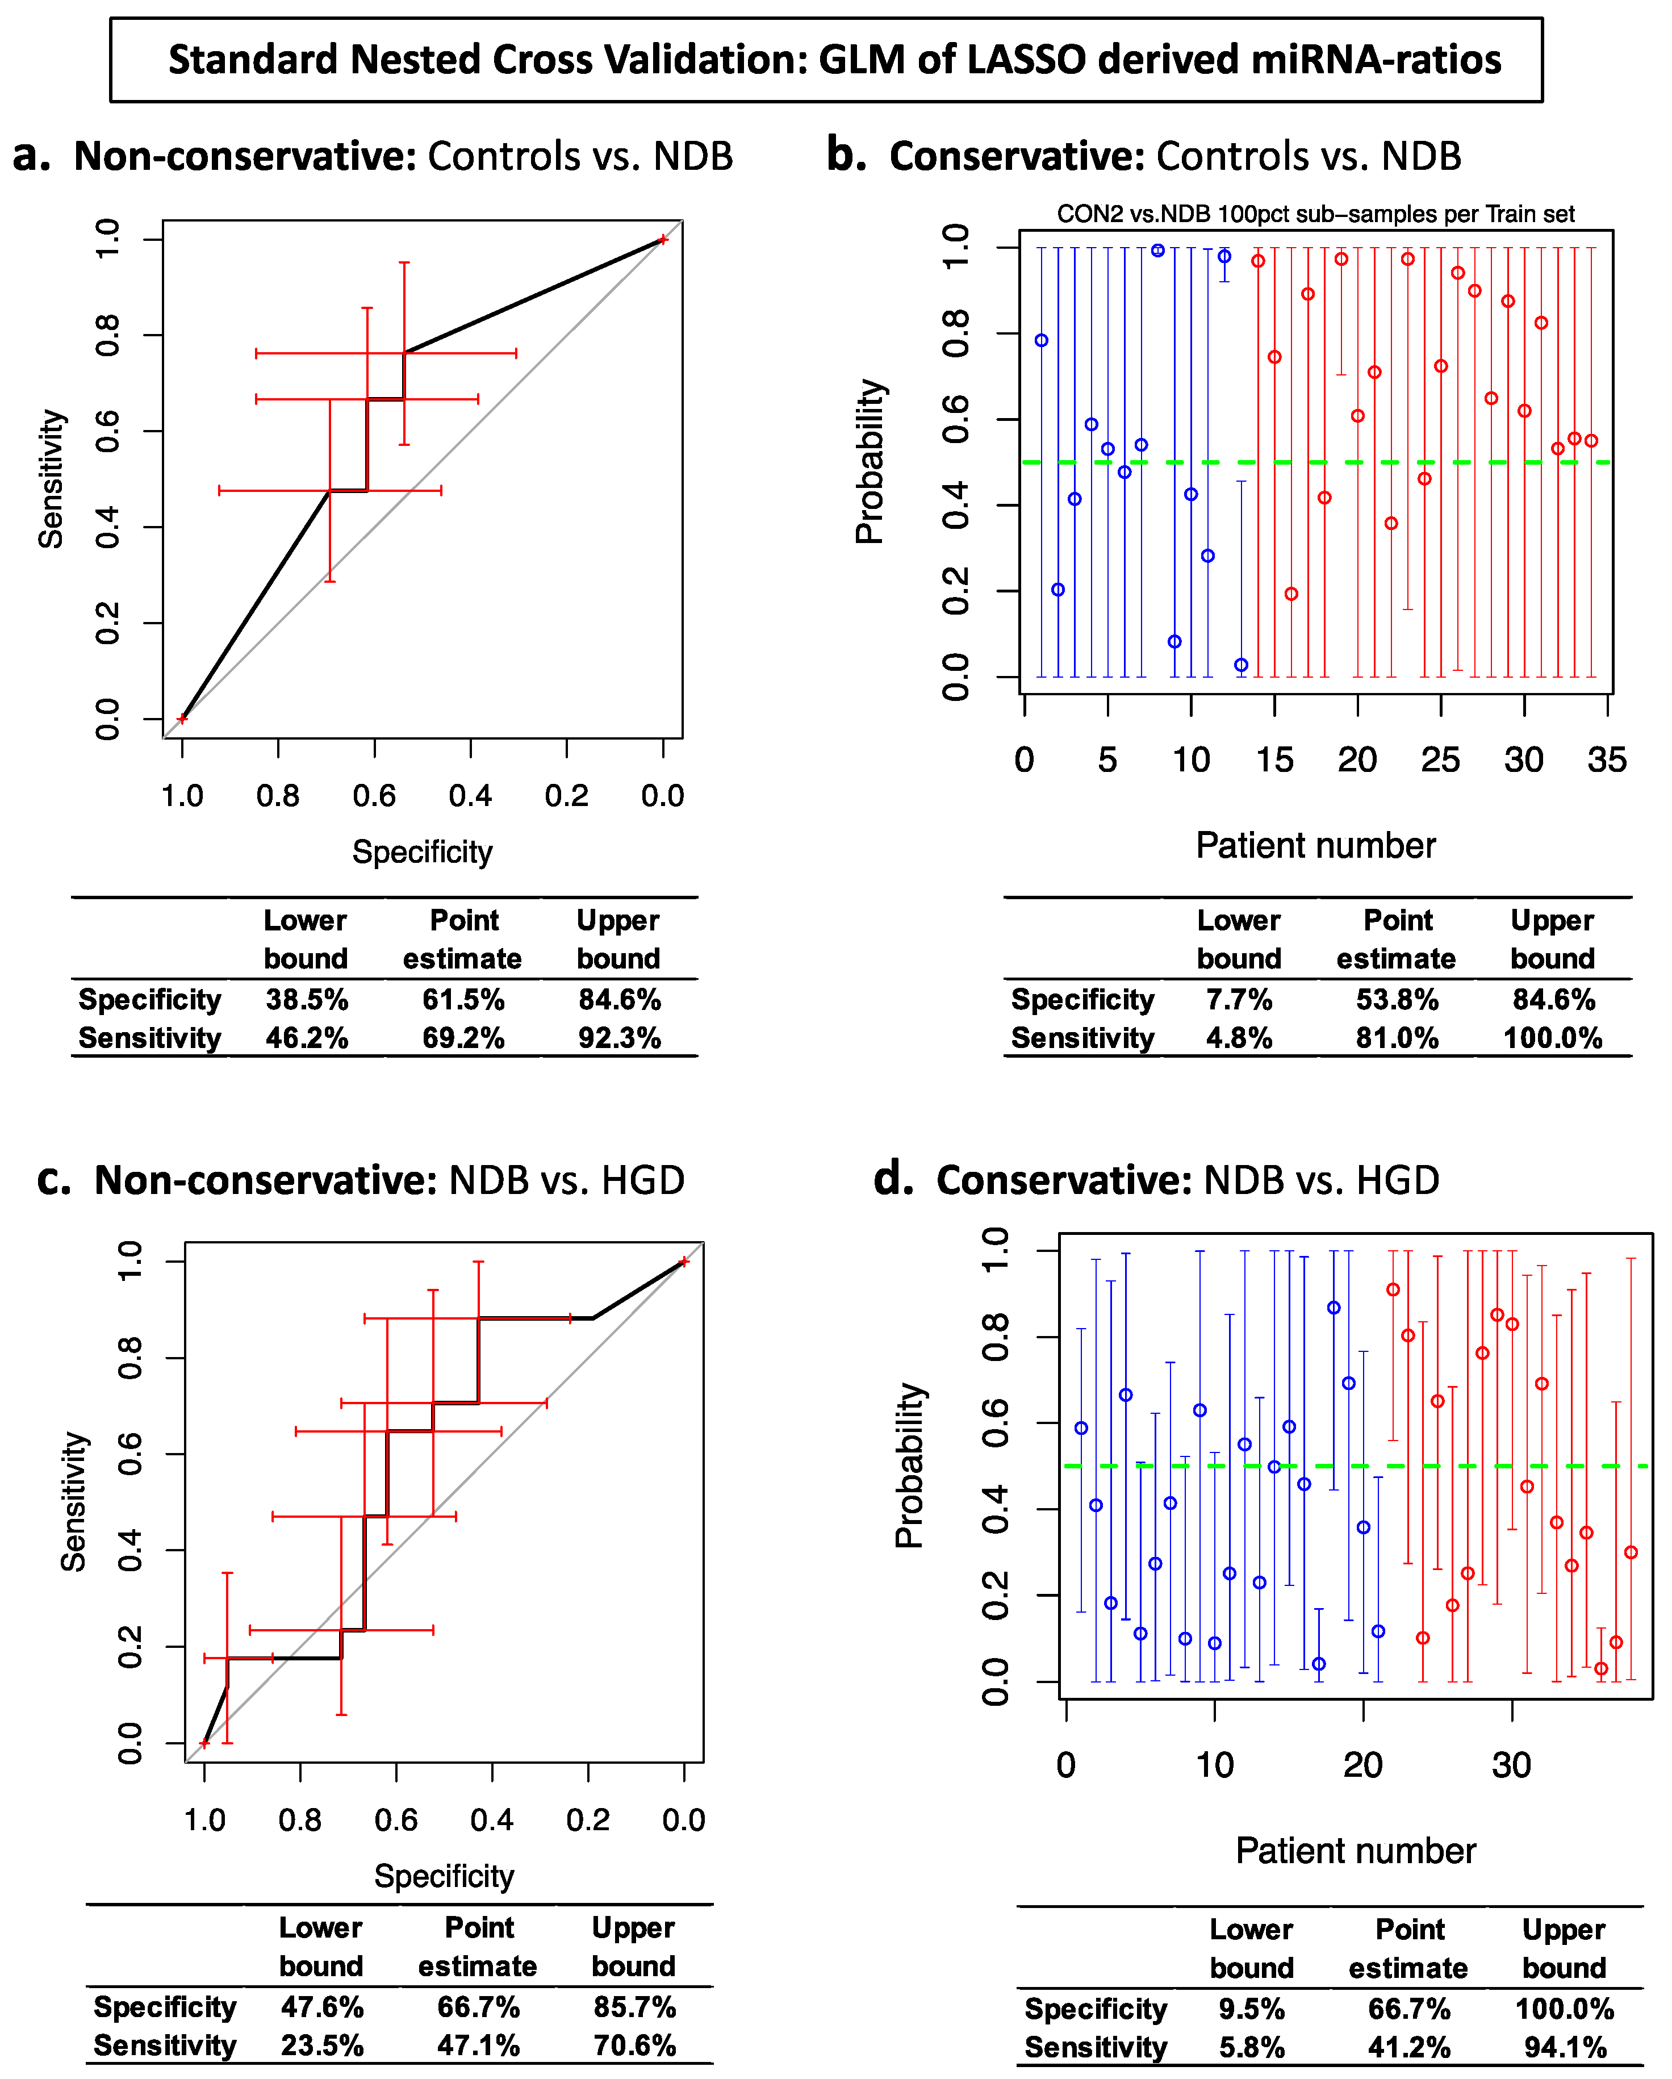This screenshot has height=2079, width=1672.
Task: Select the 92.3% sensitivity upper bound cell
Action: (619, 1038)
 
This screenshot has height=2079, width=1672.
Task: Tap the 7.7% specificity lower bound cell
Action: (1239, 1000)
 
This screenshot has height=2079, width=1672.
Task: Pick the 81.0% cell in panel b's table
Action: (1397, 1038)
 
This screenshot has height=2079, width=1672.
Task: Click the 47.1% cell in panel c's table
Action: (478, 2045)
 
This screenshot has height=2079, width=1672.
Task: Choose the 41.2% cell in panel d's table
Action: (1408, 2047)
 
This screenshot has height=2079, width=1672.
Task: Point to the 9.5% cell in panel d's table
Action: (1252, 2009)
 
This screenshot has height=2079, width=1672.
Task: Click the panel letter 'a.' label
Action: (32, 155)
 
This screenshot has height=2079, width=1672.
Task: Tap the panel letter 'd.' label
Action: (893, 1179)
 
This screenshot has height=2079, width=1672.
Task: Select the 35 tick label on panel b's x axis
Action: (1607, 760)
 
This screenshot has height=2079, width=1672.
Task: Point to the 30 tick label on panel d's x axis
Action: (1511, 1765)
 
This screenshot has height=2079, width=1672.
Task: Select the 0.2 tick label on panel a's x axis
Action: (566, 796)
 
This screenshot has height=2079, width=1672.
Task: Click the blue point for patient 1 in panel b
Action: (1042, 340)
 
